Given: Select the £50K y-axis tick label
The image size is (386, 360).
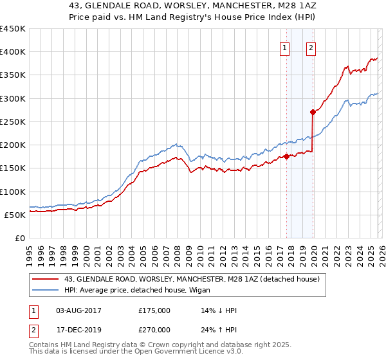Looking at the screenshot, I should [15, 215].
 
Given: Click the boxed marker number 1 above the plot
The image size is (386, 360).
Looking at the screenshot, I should [284, 47].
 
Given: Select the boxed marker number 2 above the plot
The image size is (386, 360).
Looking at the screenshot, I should [311, 47].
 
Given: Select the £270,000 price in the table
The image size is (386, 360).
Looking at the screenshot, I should [154, 328].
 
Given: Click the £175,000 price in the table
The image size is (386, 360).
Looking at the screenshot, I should [154, 310].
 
